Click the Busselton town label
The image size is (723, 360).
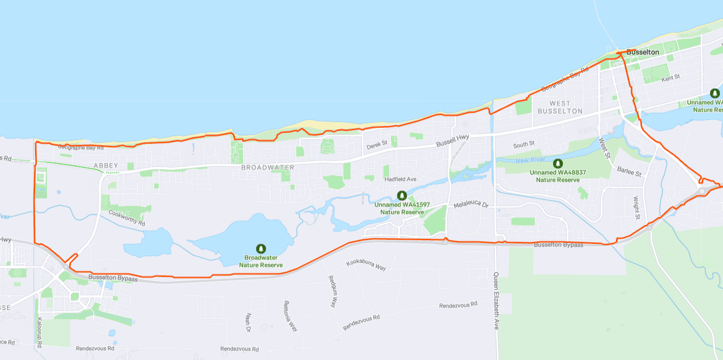[642, 52]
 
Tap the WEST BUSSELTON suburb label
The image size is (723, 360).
[560, 107]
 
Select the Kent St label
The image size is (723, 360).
[670, 77]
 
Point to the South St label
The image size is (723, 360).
[524, 144]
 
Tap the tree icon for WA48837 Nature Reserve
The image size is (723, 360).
[558, 164]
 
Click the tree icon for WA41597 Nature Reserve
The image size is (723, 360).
[402, 196]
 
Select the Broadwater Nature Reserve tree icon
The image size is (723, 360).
[261, 249]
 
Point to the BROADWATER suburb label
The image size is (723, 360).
[268, 168]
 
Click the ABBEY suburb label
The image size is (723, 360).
[106, 166]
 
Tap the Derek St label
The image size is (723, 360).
[377, 146]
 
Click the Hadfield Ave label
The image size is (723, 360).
[400, 179]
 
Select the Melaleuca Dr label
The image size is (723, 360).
[470, 205]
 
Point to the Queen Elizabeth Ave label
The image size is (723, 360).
[496, 301]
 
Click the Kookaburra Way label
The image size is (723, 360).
[366, 264]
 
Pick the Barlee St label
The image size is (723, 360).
[628, 171]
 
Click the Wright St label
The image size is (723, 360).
[637, 208]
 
